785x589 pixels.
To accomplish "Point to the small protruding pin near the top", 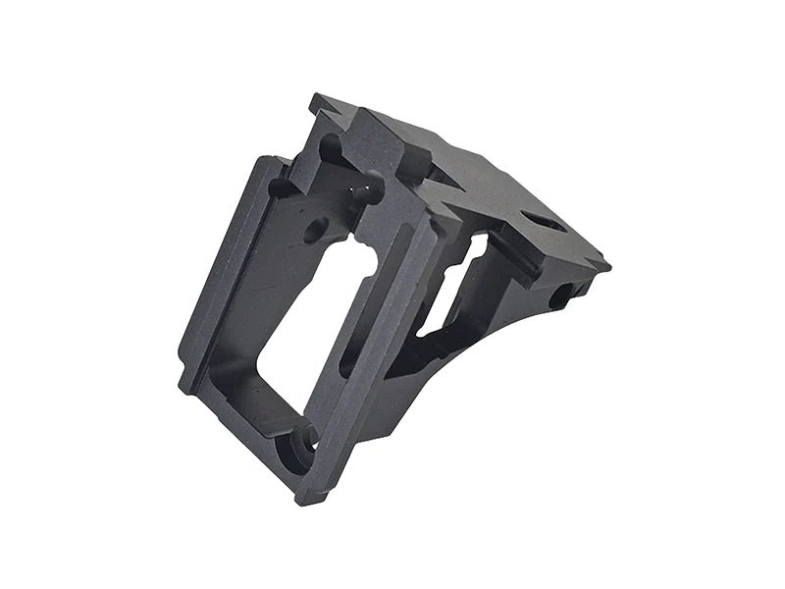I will click(x=371, y=188).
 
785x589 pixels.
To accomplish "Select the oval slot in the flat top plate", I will click(x=542, y=222).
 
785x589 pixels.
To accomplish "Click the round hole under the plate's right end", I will click(x=559, y=295).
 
